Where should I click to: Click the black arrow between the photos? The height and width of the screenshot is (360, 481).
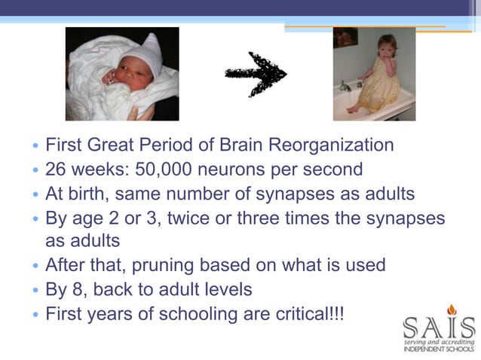256,74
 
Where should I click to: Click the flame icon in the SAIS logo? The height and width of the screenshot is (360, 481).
452,310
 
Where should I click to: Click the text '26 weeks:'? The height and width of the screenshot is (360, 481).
77,169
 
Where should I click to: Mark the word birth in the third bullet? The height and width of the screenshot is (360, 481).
90,194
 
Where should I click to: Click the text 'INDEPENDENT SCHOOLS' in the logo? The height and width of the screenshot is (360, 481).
439,349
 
